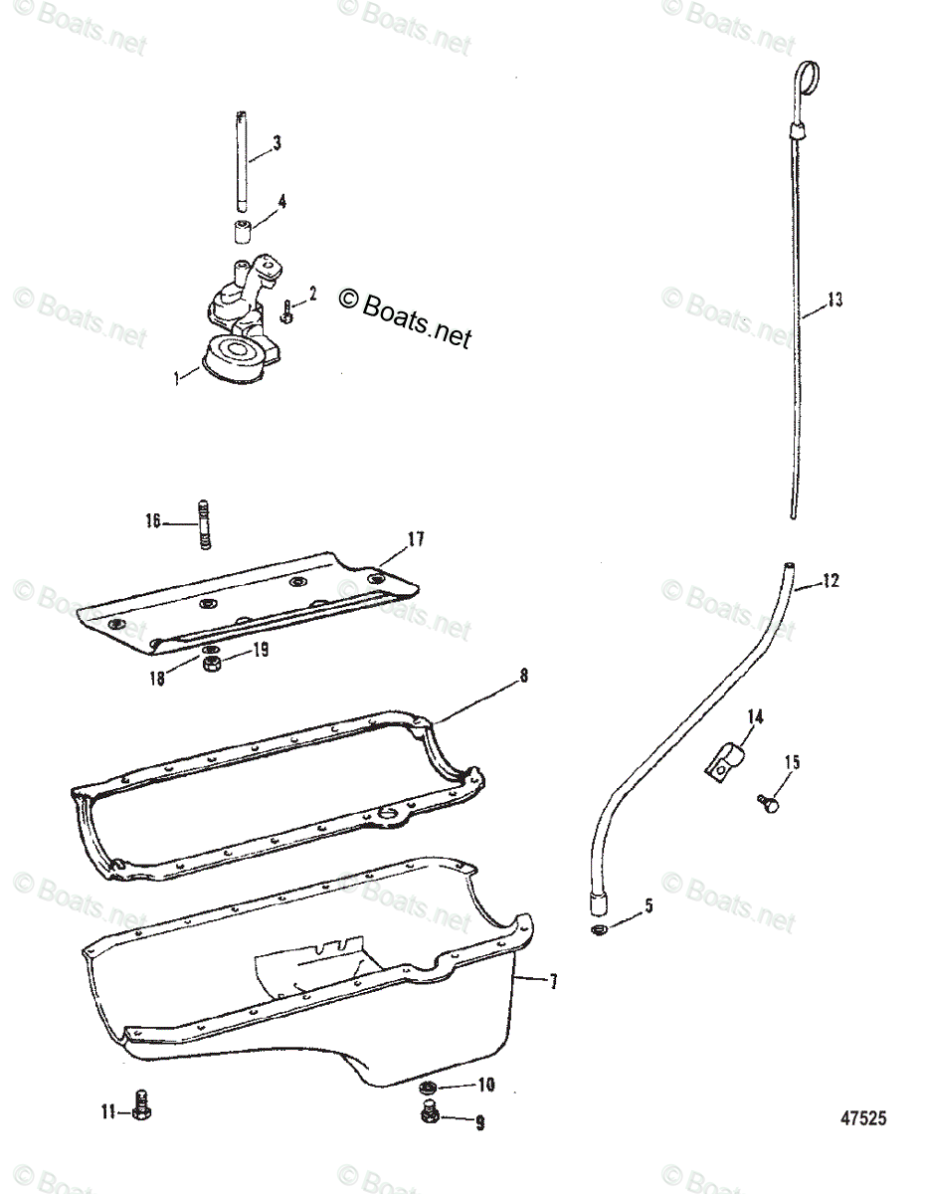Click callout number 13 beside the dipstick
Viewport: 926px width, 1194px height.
(x=834, y=298)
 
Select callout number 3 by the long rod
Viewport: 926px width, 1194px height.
(x=277, y=143)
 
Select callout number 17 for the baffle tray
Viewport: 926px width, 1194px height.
(x=415, y=539)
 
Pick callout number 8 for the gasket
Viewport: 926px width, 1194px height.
(x=524, y=676)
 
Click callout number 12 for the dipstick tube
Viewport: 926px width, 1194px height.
(x=832, y=581)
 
